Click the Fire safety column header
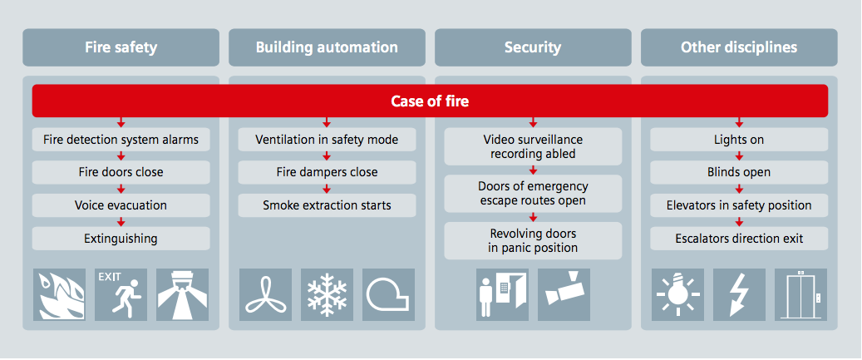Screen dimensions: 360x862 [x=121, y=47]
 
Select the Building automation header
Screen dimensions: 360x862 [x=327, y=47]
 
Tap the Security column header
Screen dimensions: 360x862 [x=533, y=47]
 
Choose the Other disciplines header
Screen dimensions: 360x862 [x=739, y=47]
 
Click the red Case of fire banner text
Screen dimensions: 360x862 [x=430, y=101]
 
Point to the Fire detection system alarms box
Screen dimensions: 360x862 [x=121, y=140]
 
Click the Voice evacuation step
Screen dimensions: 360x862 [x=121, y=205]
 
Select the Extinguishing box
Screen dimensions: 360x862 [x=121, y=239]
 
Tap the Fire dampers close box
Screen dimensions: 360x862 [x=327, y=172]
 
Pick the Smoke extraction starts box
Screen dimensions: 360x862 [x=327, y=205]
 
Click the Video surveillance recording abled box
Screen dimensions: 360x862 [x=533, y=146]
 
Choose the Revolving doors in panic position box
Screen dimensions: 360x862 [x=533, y=240]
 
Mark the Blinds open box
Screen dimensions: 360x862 [x=739, y=172]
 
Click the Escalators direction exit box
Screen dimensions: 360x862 [x=739, y=239]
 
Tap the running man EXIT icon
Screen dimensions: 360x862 [x=121, y=294]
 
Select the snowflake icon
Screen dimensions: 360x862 [x=327, y=294]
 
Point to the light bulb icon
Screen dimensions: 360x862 [x=677, y=294]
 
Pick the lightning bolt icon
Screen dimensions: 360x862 [x=739, y=294]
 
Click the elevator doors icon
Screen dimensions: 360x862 [x=800, y=294]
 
